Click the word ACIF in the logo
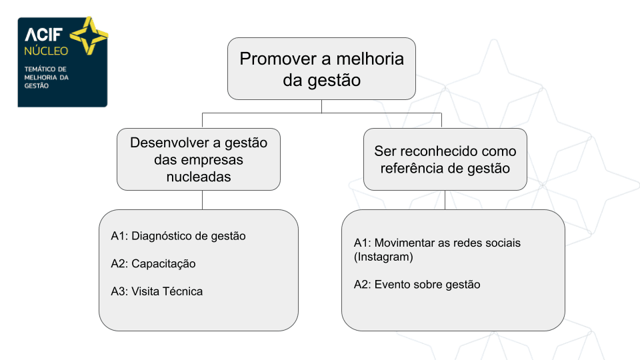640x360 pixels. pos(44,35)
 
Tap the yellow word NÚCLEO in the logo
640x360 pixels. pos(46,51)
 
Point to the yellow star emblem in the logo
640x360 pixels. pos(89,35)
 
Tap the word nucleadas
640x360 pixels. pos(199,177)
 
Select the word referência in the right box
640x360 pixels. pos(410,168)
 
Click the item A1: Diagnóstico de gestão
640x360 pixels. pos(179,236)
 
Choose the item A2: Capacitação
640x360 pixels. pos(153,264)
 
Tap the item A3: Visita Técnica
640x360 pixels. pos(157,291)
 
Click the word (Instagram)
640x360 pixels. pos(383,257)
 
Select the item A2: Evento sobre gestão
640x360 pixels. pos(417,285)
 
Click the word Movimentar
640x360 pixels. pos(405,243)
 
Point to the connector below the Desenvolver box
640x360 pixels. pos(203,200)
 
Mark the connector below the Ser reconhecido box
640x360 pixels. pos(445,200)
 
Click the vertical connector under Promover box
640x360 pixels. pos(321,106)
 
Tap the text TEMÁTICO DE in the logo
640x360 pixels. pos(45,69)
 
